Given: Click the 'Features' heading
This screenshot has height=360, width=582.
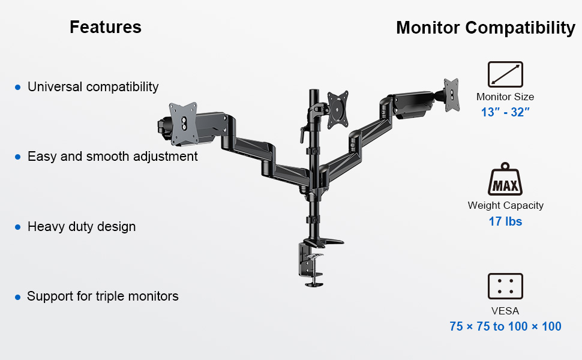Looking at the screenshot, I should click(106, 27).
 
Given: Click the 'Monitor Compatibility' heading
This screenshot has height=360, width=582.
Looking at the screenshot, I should click(485, 28).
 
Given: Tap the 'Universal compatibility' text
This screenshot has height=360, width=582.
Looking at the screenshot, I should click(93, 87).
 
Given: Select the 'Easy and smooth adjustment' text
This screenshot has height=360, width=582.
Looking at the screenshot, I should click(113, 157).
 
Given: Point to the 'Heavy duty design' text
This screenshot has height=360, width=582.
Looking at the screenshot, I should click(82, 227).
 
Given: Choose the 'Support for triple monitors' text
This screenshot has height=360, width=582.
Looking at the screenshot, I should click(103, 296).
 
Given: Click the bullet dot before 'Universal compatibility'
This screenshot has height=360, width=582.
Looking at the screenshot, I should click(17, 88).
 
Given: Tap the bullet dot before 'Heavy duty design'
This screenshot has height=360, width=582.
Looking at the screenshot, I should click(17, 227).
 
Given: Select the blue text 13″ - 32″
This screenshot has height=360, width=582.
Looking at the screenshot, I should click(505, 112).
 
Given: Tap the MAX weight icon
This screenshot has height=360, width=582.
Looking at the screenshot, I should click(505, 181).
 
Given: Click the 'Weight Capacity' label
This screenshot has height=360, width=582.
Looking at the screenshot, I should click(505, 205).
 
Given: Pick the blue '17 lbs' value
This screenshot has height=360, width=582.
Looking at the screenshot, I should click(505, 221).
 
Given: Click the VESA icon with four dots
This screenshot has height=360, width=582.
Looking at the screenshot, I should click(505, 286).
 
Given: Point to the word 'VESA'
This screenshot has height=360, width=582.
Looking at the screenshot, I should click(505, 311).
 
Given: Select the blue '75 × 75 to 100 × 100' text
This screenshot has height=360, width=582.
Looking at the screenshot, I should click(505, 326).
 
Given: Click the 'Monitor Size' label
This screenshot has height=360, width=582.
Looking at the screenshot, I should click(505, 97).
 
